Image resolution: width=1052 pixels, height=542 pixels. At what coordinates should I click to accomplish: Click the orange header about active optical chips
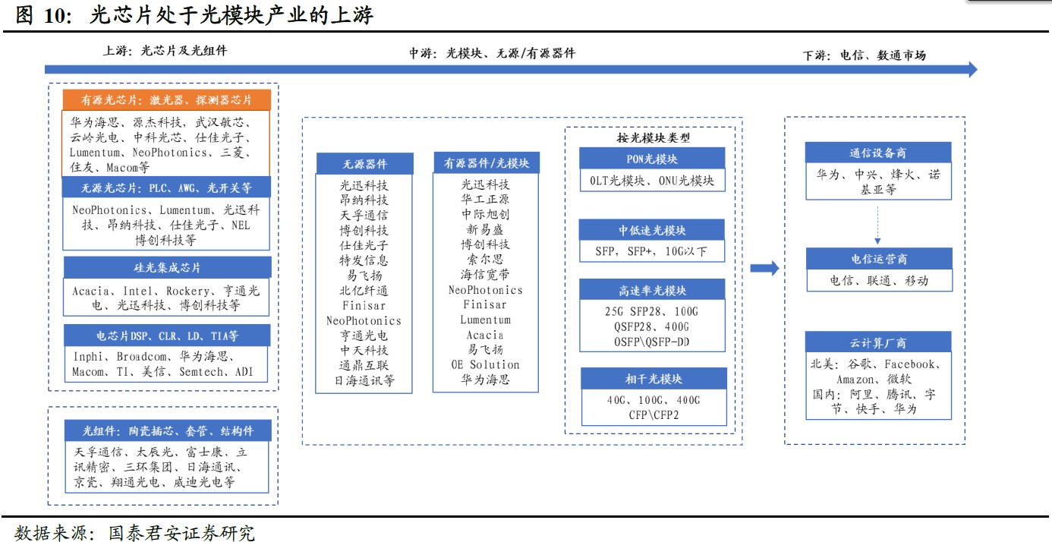[x=166, y=100]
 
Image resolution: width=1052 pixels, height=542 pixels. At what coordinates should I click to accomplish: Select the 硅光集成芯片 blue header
[x=166, y=269]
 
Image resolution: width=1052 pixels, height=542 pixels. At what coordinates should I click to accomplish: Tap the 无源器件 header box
[x=364, y=163]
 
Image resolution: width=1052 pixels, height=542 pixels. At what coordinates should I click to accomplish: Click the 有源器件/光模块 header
[x=486, y=162]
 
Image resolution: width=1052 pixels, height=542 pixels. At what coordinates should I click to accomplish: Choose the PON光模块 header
[x=652, y=159]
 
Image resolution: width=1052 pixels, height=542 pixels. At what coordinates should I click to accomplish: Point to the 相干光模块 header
[x=654, y=379]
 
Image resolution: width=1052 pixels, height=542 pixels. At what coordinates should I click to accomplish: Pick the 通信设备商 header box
[x=878, y=153]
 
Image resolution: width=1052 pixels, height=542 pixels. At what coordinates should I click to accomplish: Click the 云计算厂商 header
[x=878, y=343]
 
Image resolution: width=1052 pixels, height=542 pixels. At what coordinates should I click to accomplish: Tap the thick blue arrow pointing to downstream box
[x=764, y=268]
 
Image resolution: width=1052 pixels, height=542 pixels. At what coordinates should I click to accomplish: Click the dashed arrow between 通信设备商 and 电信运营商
[x=878, y=224]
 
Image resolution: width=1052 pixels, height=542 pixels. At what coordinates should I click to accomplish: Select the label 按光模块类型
[x=652, y=137]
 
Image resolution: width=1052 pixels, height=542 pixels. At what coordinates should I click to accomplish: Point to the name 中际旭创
[x=486, y=215]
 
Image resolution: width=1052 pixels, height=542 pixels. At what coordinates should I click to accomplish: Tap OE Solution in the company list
[x=486, y=364]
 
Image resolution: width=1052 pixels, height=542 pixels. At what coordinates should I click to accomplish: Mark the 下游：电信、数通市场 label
[x=865, y=55]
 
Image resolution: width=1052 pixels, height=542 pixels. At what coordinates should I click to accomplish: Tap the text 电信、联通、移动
[x=878, y=280]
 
